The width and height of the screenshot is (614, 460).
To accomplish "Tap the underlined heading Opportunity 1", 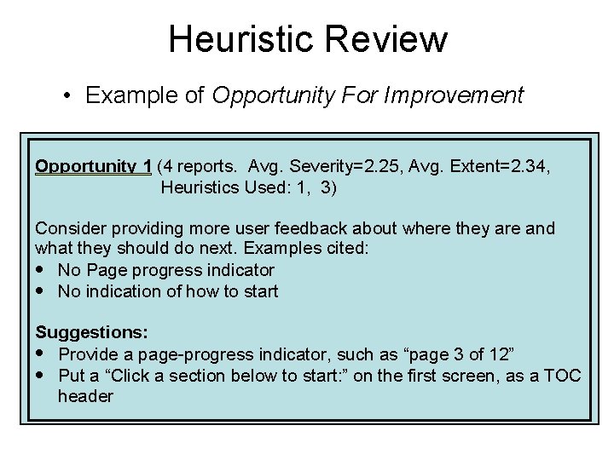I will [93, 165].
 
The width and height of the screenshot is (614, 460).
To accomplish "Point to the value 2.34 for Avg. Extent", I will [527, 165].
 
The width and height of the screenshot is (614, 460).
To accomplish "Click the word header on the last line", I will [85, 396].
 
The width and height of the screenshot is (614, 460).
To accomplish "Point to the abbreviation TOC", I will [562, 375].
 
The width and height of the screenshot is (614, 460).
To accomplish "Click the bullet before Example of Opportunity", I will [68, 95].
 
